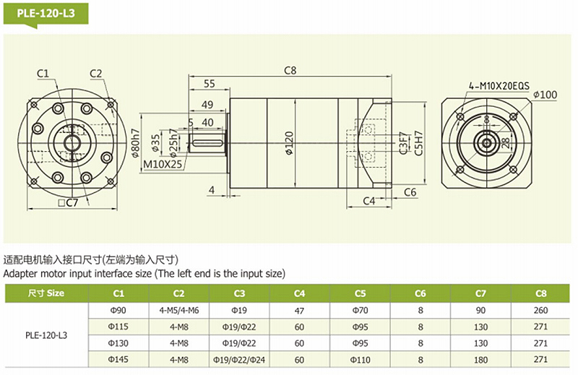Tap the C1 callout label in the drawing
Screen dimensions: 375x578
click(x=43, y=73)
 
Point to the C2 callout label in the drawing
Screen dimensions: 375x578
click(x=98, y=73)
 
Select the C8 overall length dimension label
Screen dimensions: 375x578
click(x=290, y=70)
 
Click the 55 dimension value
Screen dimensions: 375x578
click(x=210, y=84)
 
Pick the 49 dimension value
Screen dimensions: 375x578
click(x=207, y=105)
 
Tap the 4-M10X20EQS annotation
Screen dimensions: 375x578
click(x=499, y=86)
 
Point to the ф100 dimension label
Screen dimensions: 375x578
click(x=544, y=95)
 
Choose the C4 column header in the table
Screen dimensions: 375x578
click(x=299, y=293)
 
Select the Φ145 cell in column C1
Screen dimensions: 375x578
click(x=118, y=359)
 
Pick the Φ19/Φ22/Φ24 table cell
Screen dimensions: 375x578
click(x=239, y=359)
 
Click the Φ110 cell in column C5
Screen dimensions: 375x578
click(x=360, y=359)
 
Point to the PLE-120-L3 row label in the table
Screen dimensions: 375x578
click(x=46, y=335)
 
